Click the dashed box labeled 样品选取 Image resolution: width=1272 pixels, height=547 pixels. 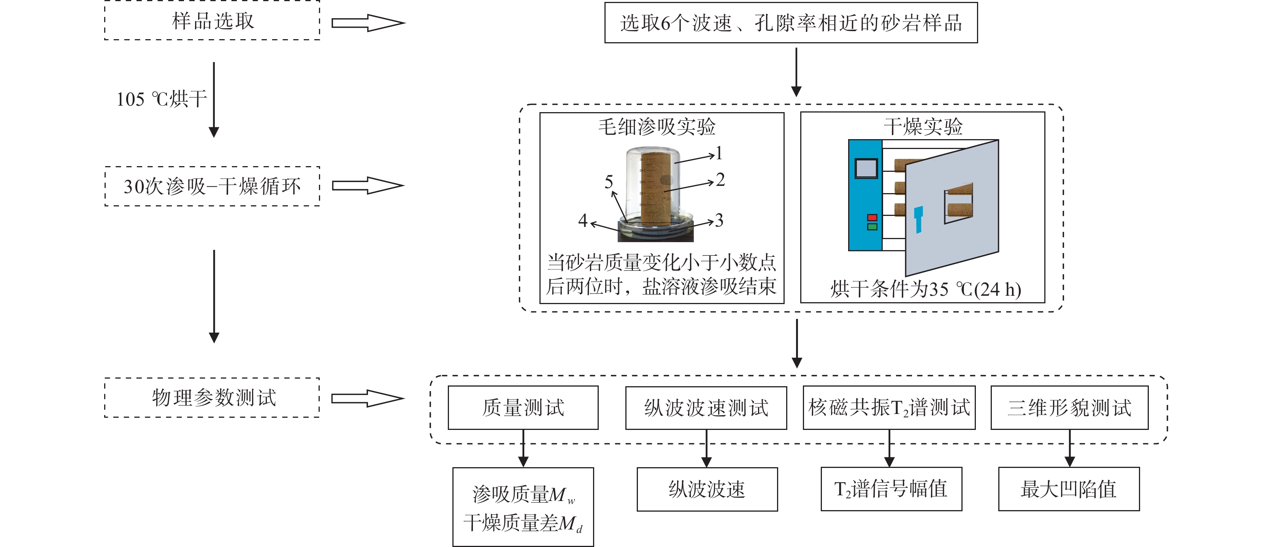click(x=213, y=21)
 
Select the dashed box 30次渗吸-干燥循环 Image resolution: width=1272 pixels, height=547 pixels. click(x=213, y=186)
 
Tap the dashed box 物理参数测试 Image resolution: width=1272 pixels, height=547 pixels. click(x=213, y=397)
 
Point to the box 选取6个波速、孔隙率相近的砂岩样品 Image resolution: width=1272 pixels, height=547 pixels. click(x=791, y=23)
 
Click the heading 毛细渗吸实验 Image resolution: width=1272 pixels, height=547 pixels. click(x=657, y=127)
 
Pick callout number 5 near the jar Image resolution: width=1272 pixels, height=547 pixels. click(x=609, y=182)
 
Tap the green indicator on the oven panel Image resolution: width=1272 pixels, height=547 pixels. click(x=872, y=227)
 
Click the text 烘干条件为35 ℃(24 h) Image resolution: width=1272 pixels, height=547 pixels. click(x=925, y=289)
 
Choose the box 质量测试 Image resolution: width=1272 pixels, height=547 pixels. click(x=523, y=408)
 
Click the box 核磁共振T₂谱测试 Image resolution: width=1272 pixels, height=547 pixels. click(x=889, y=408)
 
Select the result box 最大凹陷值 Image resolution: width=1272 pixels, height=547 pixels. click(x=1069, y=489)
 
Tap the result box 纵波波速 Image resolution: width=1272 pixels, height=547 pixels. click(x=707, y=489)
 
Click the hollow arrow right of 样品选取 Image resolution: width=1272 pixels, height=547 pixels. click(x=368, y=23)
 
